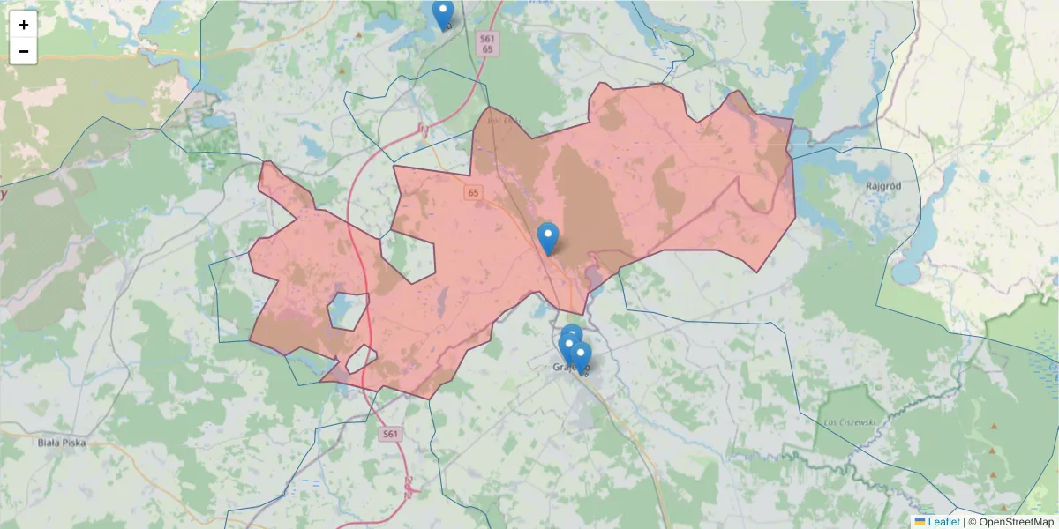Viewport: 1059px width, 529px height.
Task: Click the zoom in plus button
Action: (24, 25)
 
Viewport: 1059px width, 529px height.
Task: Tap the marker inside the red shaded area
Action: (548, 237)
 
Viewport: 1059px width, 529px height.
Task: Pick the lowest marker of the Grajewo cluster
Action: (580, 357)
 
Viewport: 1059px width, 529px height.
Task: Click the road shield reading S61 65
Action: (488, 44)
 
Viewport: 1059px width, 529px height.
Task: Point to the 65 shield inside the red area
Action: (474, 192)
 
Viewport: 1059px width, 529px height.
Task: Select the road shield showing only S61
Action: (392, 434)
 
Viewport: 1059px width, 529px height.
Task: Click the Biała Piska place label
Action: (63, 443)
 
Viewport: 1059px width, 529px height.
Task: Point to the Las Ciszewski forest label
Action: (850, 422)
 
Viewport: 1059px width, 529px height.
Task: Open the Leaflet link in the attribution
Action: (943, 522)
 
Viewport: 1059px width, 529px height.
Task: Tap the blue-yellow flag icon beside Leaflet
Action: (920, 522)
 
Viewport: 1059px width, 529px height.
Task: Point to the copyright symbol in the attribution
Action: (973, 522)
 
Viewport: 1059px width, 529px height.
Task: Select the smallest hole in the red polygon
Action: (361, 359)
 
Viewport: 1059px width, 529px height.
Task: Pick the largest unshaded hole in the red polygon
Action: (409, 257)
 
